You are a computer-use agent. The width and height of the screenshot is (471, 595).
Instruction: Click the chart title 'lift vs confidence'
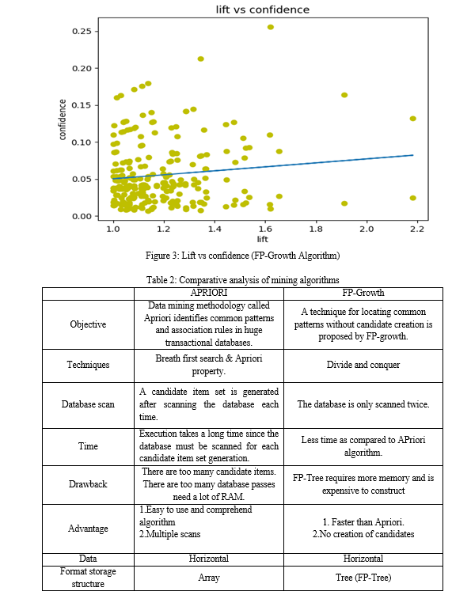coord(263,9)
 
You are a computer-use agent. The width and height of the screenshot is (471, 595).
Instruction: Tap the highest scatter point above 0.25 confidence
coord(271,27)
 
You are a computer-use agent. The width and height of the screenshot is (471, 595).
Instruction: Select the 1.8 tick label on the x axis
coord(316,229)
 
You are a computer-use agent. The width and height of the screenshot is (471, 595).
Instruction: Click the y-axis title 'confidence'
coord(63,119)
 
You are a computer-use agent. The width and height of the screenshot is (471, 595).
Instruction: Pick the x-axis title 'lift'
coord(263,239)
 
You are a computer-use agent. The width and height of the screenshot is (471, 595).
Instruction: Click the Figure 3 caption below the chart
coord(242,256)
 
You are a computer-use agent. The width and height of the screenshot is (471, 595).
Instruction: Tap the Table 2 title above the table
coord(243,280)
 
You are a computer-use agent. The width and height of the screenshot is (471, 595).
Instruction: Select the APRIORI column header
coord(209,293)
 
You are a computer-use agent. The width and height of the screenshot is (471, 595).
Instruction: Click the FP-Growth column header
coord(363,293)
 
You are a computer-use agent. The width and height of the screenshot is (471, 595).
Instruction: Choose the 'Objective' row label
coord(88,324)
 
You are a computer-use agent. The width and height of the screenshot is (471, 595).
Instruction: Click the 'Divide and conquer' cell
coord(363,365)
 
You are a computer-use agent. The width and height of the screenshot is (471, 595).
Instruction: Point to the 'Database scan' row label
coord(88,404)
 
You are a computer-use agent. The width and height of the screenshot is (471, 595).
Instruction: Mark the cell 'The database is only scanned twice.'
coord(363,404)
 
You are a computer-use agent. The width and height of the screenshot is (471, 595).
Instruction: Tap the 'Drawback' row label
coord(88,484)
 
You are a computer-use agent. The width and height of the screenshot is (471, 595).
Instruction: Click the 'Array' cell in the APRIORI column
coord(209,578)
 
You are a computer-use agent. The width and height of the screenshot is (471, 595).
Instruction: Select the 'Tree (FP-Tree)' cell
coord(363,578)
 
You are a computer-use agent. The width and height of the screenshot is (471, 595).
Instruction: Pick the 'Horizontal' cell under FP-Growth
coord(363,559)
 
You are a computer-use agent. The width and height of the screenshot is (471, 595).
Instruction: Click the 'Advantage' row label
coord(88,529)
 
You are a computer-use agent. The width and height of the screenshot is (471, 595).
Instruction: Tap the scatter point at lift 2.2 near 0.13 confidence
coord(413,119)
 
